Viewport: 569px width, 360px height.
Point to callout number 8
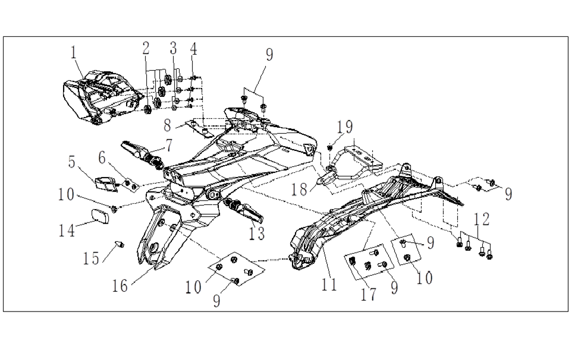168,126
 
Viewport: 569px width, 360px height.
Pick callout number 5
72,162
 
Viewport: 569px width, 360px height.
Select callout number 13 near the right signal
256,233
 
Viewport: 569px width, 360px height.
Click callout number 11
329,284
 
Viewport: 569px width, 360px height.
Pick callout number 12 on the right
482,220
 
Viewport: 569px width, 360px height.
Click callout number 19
345,127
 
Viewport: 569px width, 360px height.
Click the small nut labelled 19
331,146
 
